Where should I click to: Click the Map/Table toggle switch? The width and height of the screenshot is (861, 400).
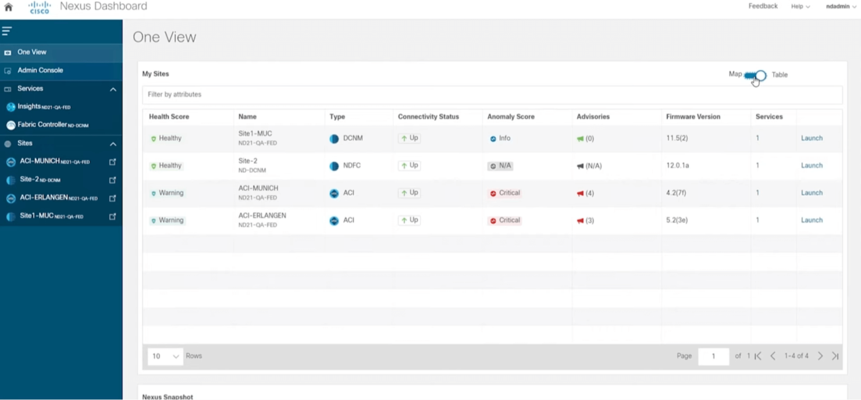pyautogui.click(x=756, y=75)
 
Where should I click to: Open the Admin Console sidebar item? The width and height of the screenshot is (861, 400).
pyautogui.click(x=40, y=70)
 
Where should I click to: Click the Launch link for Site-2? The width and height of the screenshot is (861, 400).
pyautogui.click(x=811, y=166)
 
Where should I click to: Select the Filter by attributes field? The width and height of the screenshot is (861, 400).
pyautogui.click(x=492, y=95)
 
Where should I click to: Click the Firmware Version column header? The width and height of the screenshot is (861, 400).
pyautogui.click(x=692, y=117)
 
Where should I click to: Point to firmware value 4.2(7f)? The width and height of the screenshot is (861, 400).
pyautogui.click(x=675, y=193)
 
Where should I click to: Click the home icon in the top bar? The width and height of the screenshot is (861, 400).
pyautogui.click(x=8, y=7)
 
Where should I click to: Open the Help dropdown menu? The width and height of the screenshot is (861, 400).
pyautogui.click(x=800, y=6)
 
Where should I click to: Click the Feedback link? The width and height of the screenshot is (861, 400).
pyautogui.click(x=762, y=6)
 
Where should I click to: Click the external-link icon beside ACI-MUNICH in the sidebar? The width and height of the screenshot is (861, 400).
pyautogui.click(x=112, y=162)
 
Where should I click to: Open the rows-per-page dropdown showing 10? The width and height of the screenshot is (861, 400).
pyautogui.click(x=165, y=356)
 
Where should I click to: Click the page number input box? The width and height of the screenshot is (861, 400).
pyautogui.click(x=713, y=356)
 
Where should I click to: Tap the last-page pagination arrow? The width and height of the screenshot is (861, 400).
pyautogui.click(x=835, y=356)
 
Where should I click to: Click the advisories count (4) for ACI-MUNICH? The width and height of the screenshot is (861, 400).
pyautogui.click(x=586, y=193)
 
